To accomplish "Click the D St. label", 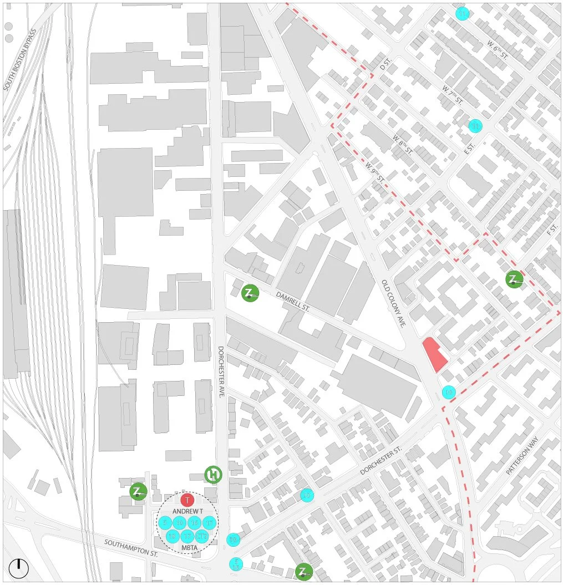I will (385, 65).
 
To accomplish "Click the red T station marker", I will (187, 500).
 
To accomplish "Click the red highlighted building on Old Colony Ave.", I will (434, 355).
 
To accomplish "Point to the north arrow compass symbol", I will (18, 567).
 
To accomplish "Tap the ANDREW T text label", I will (187, 511).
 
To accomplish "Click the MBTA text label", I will (187, 548).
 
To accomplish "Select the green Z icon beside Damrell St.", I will (251, 293).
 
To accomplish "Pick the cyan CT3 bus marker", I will (201, 536).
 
